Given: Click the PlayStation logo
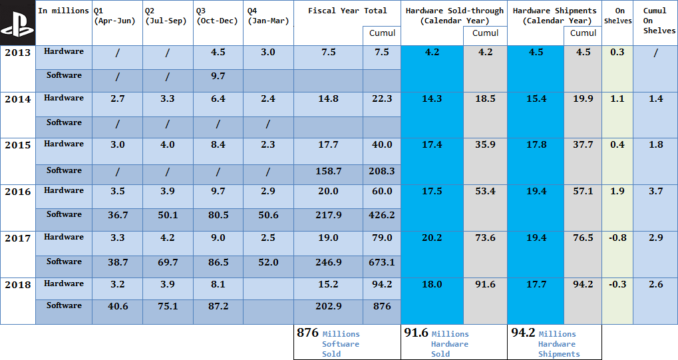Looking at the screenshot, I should click(17, 23).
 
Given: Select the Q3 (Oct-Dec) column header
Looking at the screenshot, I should click(217, 16).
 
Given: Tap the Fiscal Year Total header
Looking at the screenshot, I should click(347, 11).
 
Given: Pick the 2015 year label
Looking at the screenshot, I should click(18, 145).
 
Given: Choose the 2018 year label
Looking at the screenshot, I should click(18, 285).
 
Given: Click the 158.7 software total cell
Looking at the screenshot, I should click(329, 171).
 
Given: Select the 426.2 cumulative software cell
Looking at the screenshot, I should click(382, 215).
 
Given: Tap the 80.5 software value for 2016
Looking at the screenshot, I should click(217, 215).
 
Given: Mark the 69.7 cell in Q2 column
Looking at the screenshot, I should click(168, 262).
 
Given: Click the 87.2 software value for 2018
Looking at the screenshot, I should click(217, 306).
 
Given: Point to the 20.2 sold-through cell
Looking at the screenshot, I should click(432, 238).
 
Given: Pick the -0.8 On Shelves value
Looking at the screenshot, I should click(617, 238).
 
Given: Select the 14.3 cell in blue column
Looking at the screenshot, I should click(432, 98).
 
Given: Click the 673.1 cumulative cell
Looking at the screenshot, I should click(382, 262).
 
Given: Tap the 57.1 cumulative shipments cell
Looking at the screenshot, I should click(583, 192).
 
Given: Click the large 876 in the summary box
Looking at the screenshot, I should click(307, 333).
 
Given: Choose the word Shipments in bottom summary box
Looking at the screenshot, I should click(559, 354).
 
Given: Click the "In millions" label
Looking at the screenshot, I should click(63, 11).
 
